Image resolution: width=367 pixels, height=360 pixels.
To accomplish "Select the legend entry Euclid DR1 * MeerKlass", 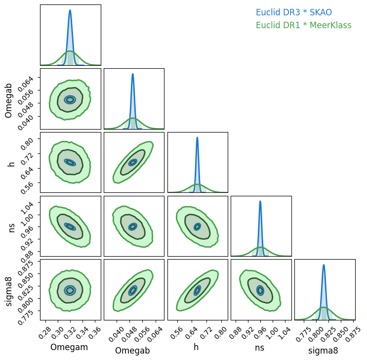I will tap(303, 25).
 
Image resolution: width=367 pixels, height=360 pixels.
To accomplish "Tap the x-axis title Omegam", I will tap(69, 347).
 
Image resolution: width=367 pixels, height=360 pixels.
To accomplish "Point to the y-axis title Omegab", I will tap(9, 99).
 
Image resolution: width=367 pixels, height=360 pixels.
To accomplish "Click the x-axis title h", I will tap(197, 347).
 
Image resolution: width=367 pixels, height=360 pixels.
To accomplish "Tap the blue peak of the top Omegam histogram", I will tap(70, 10).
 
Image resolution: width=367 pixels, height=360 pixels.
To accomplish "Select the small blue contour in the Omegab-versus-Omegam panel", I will tap(70, 99).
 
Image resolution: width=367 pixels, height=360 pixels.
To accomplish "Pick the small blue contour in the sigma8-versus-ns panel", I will tap(260, 291).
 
